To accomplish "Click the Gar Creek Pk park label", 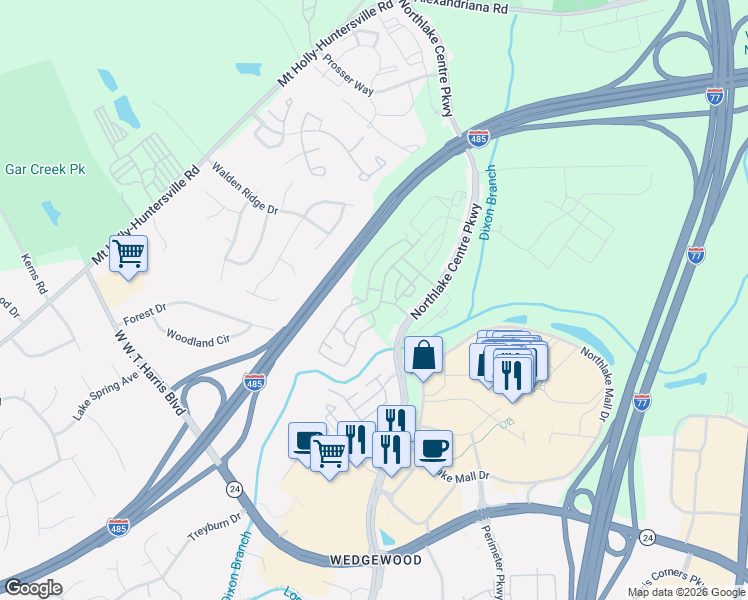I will coord(45,169).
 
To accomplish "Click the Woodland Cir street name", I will coord(198,338).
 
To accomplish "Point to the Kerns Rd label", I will coord(34,273).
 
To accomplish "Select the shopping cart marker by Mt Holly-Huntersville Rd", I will coord(129,253).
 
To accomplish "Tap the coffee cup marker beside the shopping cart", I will coord(307,439).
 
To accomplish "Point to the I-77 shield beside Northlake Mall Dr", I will coord(641,401).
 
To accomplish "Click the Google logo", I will coord(33,588).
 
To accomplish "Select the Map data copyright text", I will coord(686,592).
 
